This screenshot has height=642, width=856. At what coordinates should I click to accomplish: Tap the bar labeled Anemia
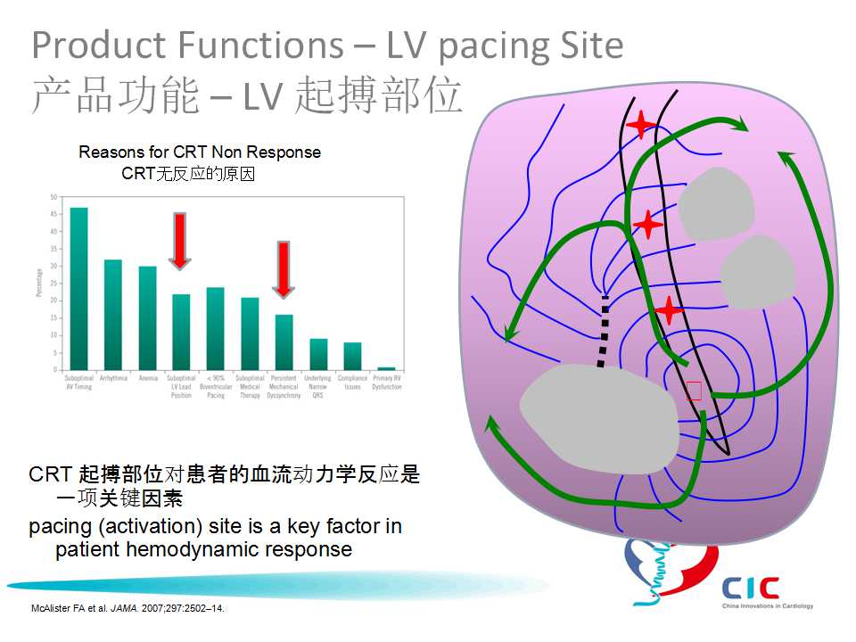click(x=147, y=317)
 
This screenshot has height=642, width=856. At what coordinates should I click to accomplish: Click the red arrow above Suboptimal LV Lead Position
click(x=180, y=240)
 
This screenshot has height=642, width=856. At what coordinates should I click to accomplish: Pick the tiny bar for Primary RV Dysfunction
click(x=386, y=368)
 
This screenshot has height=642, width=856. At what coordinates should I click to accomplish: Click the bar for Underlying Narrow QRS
click(x=318, y=354)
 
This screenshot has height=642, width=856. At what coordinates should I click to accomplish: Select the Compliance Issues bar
click(x=352, y=356)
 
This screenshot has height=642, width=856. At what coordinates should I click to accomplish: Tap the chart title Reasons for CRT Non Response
click(x=199, y=152)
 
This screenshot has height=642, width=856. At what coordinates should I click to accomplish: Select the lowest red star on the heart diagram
click(x=668, y=311)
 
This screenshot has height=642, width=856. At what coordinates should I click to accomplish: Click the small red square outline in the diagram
click(x=695, y=390)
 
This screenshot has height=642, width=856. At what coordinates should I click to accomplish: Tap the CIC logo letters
click(x=751, y=588)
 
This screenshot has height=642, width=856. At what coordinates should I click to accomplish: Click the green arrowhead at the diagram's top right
click(x=740, y=126)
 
